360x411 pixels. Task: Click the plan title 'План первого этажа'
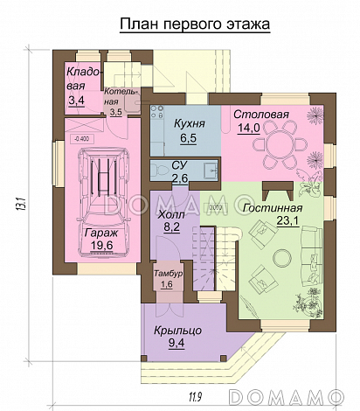195,24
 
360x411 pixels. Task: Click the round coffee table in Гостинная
281,258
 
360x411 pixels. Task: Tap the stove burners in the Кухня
157,112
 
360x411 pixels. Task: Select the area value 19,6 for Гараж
101,245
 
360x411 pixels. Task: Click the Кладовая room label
82,79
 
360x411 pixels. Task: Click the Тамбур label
169,274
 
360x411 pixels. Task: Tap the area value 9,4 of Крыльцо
177,343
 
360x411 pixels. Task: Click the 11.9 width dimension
196,396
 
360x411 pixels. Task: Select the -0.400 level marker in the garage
82,139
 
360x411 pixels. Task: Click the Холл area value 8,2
171,227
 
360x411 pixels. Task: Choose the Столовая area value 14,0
249,128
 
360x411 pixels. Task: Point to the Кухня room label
190,123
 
